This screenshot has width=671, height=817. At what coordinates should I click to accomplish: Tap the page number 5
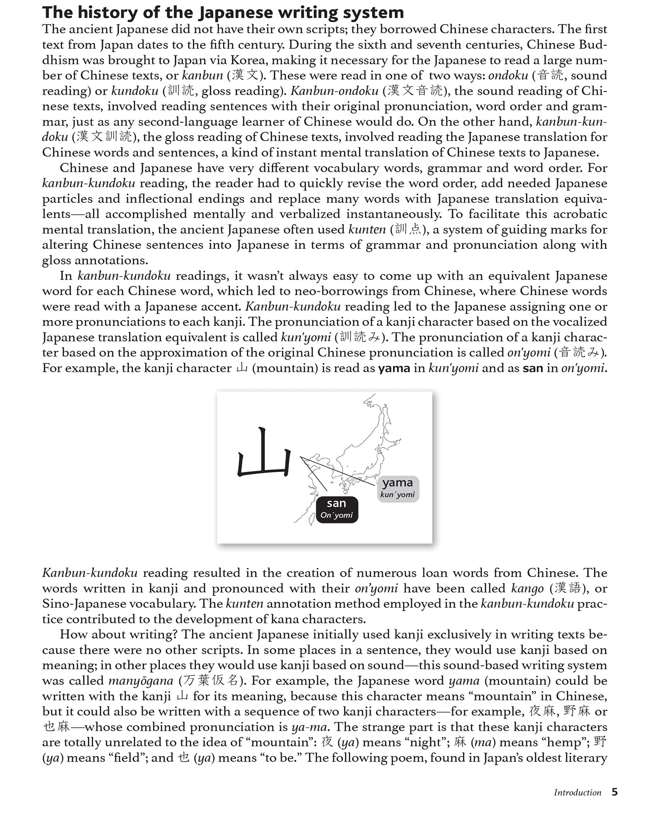click(x=614, y=792)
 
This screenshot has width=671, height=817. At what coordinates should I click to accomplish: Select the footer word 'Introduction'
click(x=577, y=793)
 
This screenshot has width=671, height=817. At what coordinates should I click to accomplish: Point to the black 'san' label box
click(x=337, y=509)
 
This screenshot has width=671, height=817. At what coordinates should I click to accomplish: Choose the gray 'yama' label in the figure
click(x=398, y=488)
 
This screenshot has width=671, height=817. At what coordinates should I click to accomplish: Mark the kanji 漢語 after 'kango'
click(x=567, y=588)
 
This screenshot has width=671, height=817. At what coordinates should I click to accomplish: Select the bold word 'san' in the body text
click(x=533, y=368)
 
